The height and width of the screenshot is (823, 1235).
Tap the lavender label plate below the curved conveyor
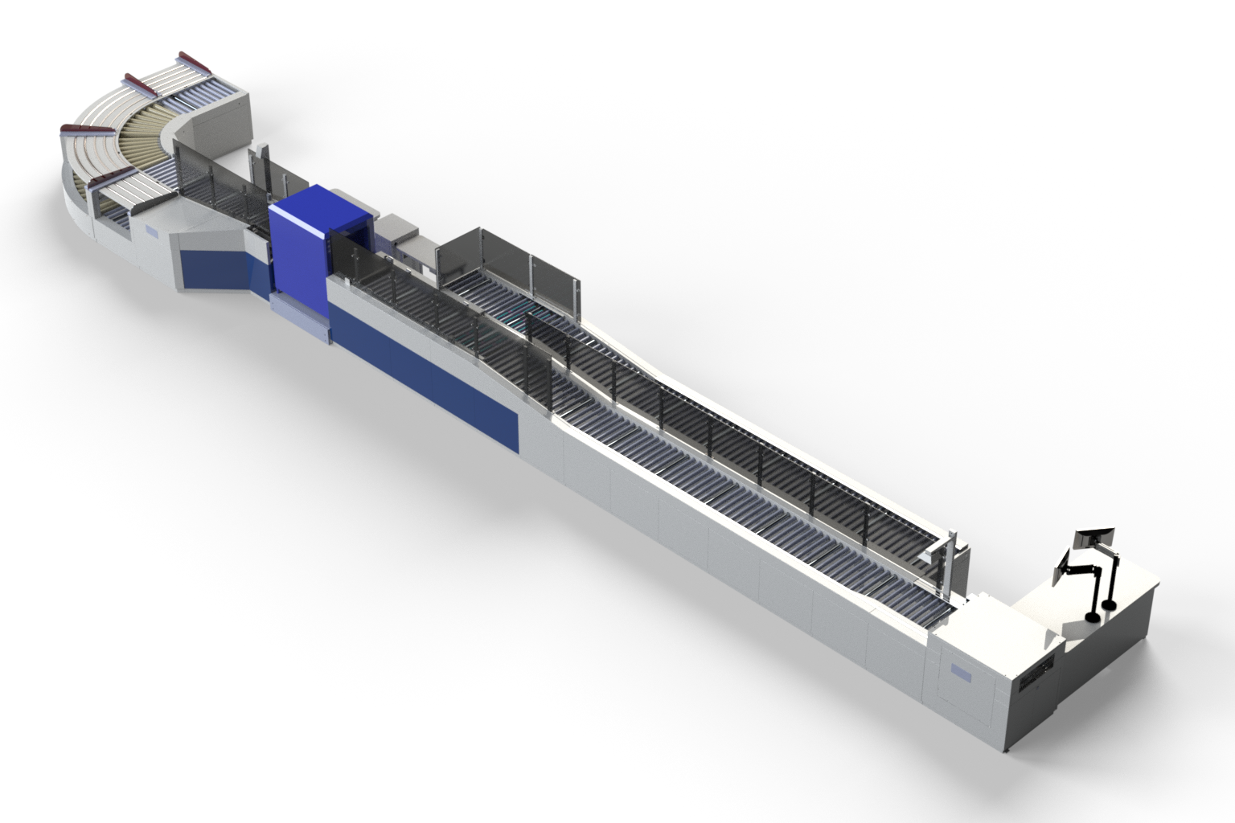pyautogui.click(x=152, y=231)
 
